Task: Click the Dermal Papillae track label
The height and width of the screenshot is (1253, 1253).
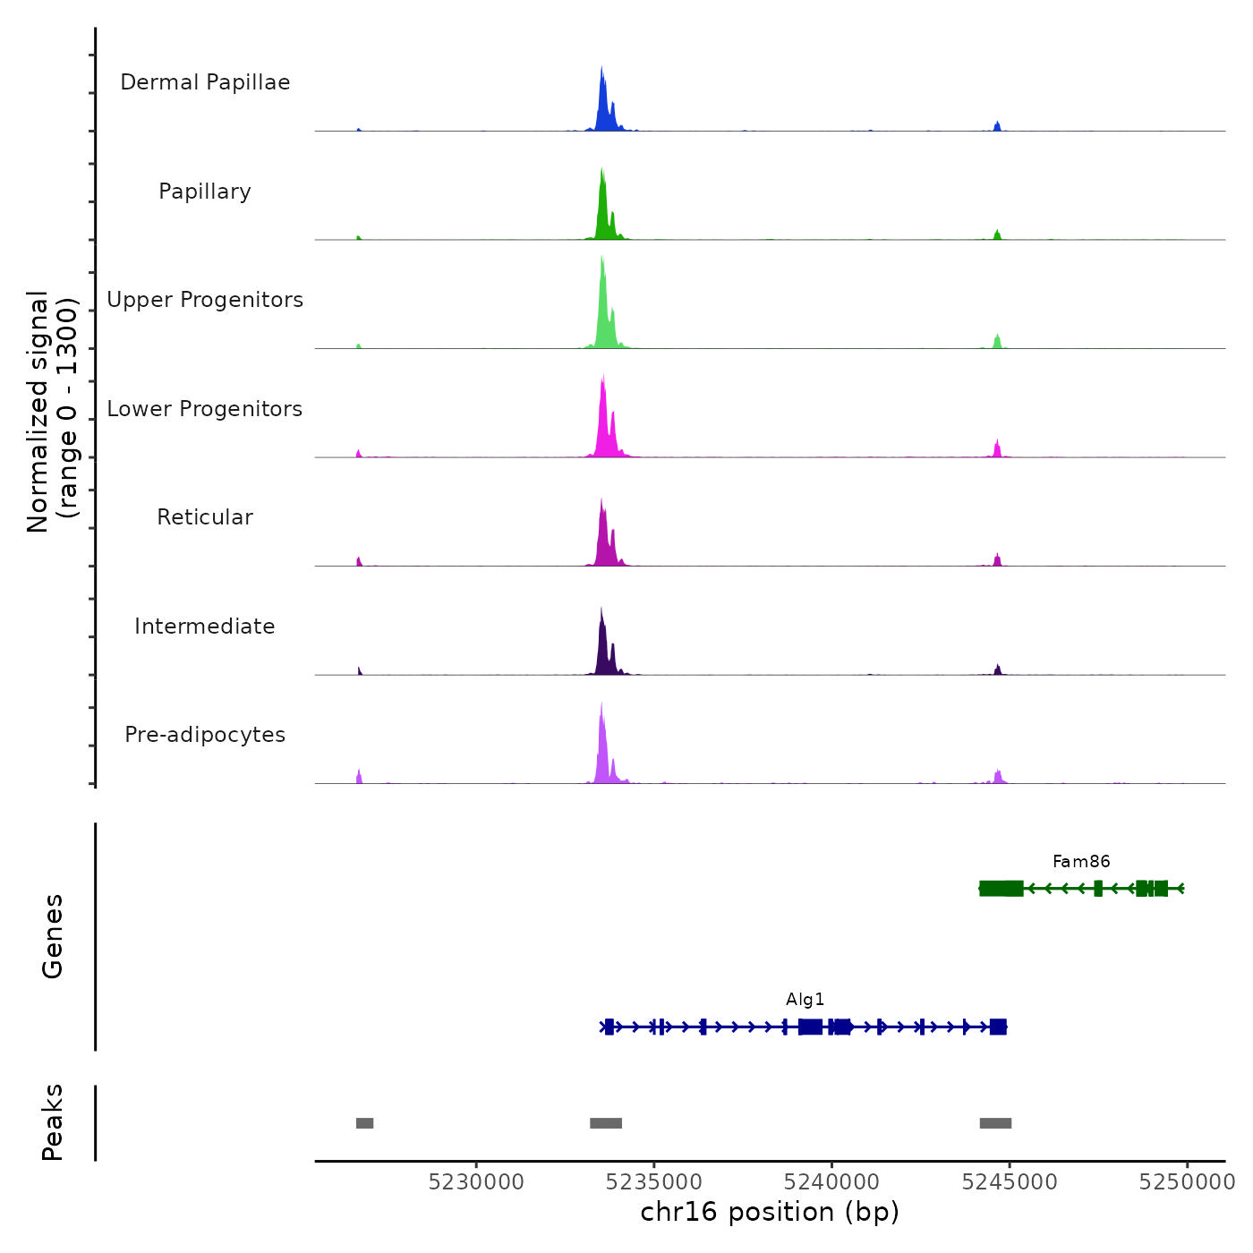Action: pos(205,82)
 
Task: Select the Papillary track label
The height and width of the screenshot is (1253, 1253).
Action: pos(205,192)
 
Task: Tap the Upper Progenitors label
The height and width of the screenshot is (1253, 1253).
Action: pos(205,300)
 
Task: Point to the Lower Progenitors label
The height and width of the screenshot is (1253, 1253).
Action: pos(205,409)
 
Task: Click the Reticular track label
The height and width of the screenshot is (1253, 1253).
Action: pos(205,517)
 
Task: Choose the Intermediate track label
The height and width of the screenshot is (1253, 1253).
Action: pos(205,626)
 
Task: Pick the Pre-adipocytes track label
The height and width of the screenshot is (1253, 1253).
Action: pos(205,735)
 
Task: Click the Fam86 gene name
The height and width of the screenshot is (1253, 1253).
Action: pos(1081,862)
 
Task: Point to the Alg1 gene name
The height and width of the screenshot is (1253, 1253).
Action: pos(805,1000)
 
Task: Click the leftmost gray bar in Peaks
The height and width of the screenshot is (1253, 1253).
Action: pos(364,1123)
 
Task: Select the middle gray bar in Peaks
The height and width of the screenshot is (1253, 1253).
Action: pos(606,1123)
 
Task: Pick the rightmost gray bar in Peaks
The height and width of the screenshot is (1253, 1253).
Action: pos(995,1123)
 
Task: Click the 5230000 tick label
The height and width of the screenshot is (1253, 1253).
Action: pos(476,1182)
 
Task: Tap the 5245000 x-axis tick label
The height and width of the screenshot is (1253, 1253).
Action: pos(1010,1182)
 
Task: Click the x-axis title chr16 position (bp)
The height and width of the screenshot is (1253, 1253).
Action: pos(770,1212)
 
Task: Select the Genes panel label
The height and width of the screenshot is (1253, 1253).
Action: pos(53,936)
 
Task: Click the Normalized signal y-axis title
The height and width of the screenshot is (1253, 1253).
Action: pos(52,412)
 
